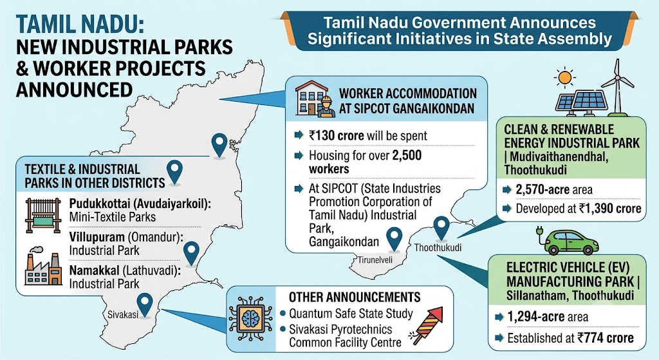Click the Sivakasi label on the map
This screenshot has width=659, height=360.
[x=123, y=314]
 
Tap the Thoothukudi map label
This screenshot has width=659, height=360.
[x=438, y=247]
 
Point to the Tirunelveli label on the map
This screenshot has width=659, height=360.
[x=375, y=260]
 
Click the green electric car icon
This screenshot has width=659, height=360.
[x=571, y=241]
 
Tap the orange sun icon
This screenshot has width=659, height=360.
[x=564, y=77]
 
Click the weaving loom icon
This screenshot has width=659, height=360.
[x=43, y=215]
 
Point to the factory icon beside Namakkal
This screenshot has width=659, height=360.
[x=43, y=269]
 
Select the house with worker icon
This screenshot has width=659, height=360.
[x=315, y=99]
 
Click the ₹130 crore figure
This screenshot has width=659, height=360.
[x=336, y=136]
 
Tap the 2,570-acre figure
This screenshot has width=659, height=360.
[x=542, y=190]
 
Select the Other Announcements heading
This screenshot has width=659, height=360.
[x=355, y=298]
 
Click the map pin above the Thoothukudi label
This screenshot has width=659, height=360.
[x=441, y=228]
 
